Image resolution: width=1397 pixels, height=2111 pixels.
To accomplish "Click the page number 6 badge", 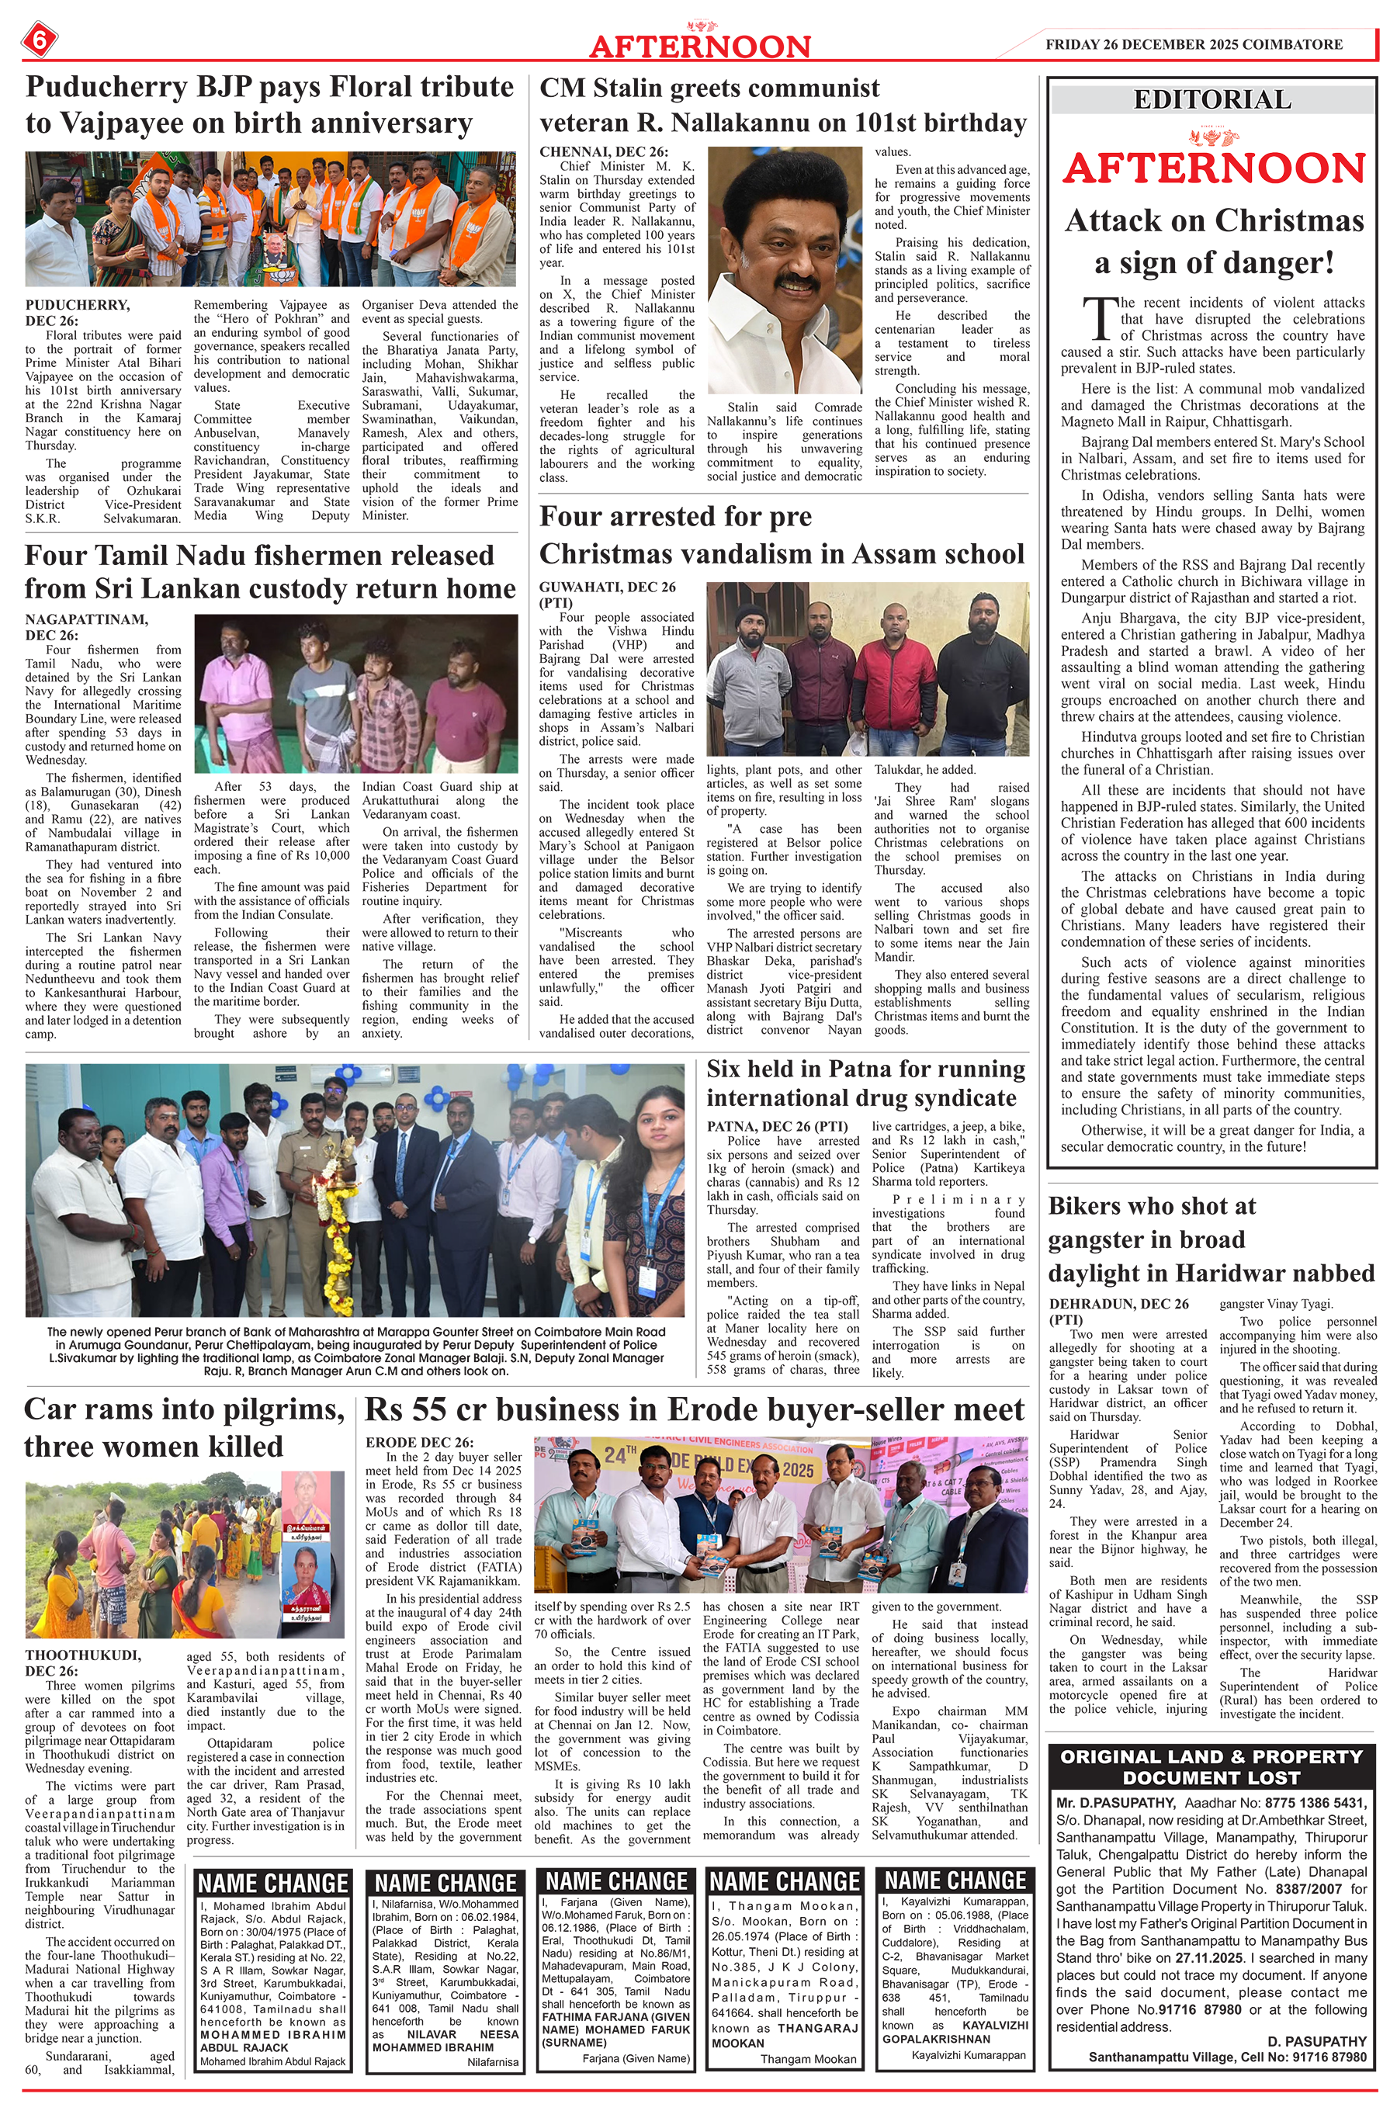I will point(40,40).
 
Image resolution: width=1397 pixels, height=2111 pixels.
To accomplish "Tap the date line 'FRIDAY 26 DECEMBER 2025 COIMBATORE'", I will point(1194,43).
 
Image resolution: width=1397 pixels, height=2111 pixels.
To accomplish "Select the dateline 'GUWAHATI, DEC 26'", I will point(607,587).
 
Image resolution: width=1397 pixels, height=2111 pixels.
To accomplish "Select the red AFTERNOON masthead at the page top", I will point(699,47).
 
